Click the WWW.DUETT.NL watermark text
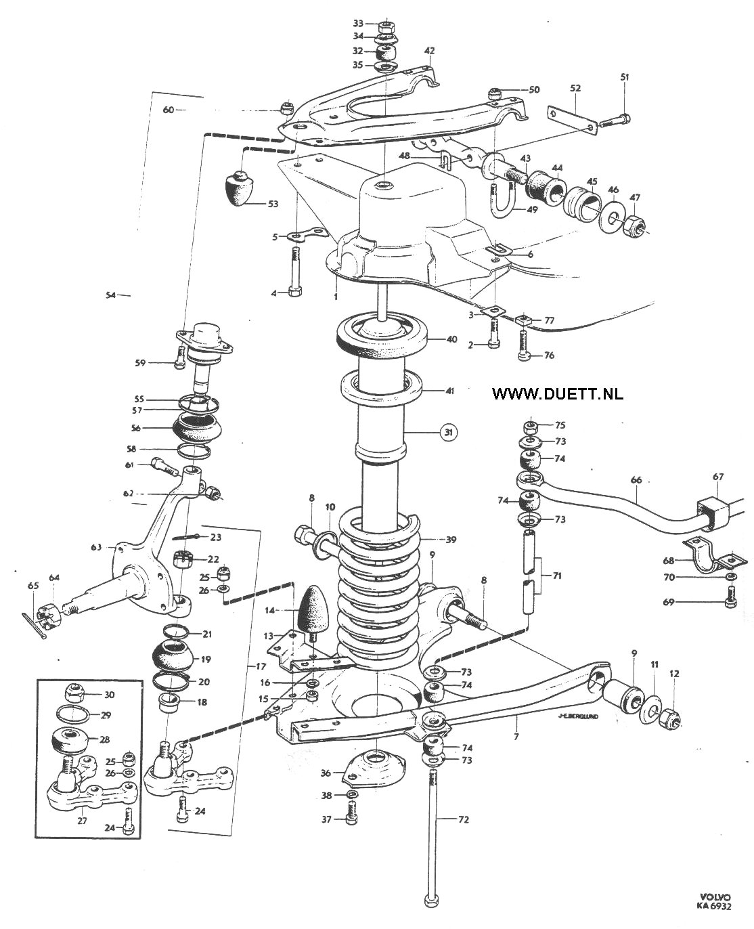coord(558,394)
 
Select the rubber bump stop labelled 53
coord(240,188)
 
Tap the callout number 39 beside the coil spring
coord(451,540)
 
